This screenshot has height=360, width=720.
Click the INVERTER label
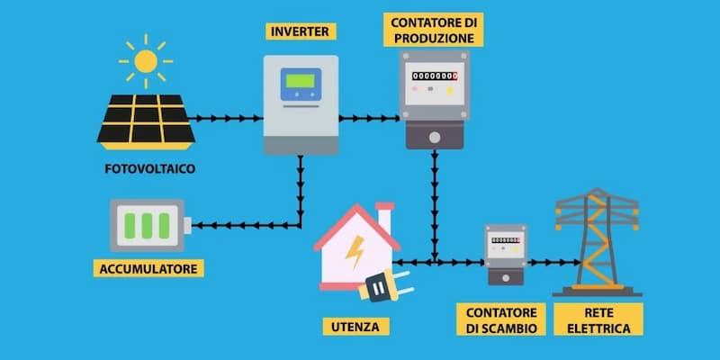301,31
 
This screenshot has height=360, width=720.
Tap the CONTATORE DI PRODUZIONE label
434,30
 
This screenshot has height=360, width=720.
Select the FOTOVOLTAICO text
150,169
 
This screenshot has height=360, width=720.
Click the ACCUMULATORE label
148,268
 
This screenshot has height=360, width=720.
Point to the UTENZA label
355,327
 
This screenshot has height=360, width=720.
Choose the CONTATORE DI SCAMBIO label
501,319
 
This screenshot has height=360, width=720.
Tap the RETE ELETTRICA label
598,319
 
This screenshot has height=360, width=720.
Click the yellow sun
146,61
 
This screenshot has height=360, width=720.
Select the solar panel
146,122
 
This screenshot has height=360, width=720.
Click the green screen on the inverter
301,81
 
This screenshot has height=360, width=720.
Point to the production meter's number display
435,76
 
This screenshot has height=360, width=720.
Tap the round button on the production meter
435,138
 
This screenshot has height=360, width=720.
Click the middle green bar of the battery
147,226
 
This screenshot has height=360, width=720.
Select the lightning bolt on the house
355,252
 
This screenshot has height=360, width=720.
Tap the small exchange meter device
506,255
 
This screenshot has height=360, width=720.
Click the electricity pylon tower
598,242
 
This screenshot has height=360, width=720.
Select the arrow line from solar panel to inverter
226,119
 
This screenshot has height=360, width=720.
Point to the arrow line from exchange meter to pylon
554,263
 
